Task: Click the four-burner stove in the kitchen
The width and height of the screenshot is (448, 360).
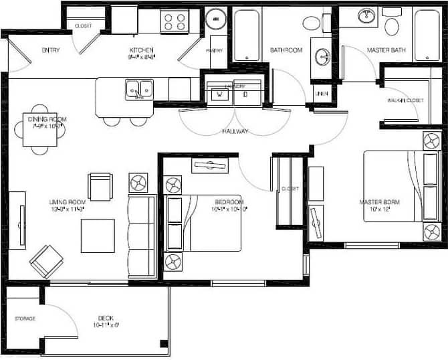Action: pyautogui.click(x=175, y=21)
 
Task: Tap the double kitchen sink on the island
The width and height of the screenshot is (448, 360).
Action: pyautogui.click(x=138, y=88)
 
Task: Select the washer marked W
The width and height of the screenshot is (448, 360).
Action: pyautogui.click(x=217, y=95)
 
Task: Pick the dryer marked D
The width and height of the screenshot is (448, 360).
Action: pyautogui.click(x=245, y=95)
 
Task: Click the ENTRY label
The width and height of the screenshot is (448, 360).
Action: pyautogui.click(x=51, y=50)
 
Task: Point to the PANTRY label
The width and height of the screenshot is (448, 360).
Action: pyautogui.click(x=215, y=50)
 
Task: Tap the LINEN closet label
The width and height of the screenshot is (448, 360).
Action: pyautogui.click(x=322, y=94)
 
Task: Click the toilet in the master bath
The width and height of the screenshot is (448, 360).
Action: pyautogui.click(x=391, y=24)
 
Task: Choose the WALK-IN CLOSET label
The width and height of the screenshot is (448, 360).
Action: pyautogui.click(x=405, y=100)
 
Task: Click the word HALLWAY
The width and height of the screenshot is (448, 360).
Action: pyautogui.click(x=235, y=131)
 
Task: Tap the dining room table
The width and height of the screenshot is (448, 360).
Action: pyautogui.click(x=40, y=130)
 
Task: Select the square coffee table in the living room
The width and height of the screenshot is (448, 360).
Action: pyautogui.click(x=98, y=236)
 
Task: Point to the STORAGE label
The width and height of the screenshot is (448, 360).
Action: pyautogui.click(x=25, y=319)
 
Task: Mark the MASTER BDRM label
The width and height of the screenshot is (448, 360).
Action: pyautogui.click(x=379, y=202)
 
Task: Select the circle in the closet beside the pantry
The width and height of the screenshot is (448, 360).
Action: pyautogui.click(x=216, y=19)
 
